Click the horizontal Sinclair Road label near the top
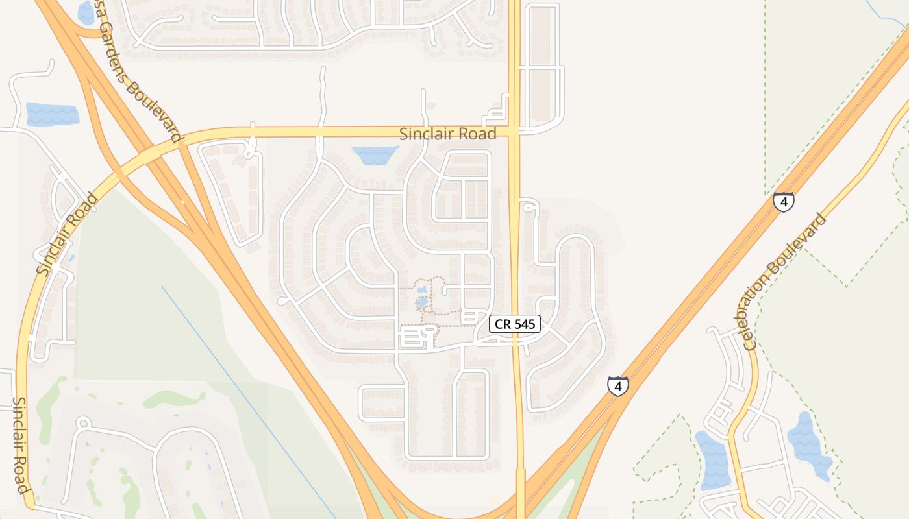click(447, 134)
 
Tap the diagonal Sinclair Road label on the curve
click(67, 234)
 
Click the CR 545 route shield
click(515, 324)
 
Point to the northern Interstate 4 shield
click(784, 202)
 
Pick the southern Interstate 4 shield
click(618, 385)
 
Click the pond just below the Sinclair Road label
click(375, 154)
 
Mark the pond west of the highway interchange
click(52, 114)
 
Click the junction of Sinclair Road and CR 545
click(514, 132)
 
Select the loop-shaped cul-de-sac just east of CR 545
click(529, 206)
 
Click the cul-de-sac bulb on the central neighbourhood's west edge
click(281, 301)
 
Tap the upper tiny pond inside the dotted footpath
click(423, 289)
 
